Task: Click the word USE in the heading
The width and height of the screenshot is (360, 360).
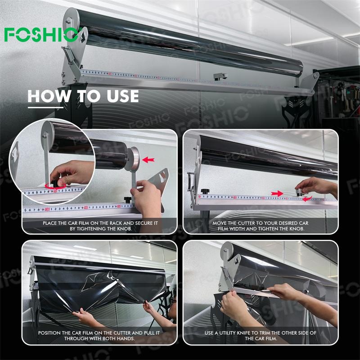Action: coord(123,96)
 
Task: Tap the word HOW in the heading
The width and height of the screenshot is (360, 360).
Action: coord(49,96)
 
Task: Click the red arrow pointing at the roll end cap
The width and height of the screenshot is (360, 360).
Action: coord(148,160)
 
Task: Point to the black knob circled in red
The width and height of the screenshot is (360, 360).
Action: coord(55,183)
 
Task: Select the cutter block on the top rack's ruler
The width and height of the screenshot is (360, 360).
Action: coord(220,76)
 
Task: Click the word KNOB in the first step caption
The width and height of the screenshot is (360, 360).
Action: coord(124,229)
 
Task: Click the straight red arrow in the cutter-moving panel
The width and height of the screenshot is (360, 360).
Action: coord(277,193)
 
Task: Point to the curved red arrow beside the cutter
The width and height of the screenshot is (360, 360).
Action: coord(307,199)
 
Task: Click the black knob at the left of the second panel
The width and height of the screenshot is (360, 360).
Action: coord(205,191)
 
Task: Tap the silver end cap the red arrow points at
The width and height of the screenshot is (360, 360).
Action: coord(132,159)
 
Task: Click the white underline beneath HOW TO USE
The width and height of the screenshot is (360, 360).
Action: coord(45,107)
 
